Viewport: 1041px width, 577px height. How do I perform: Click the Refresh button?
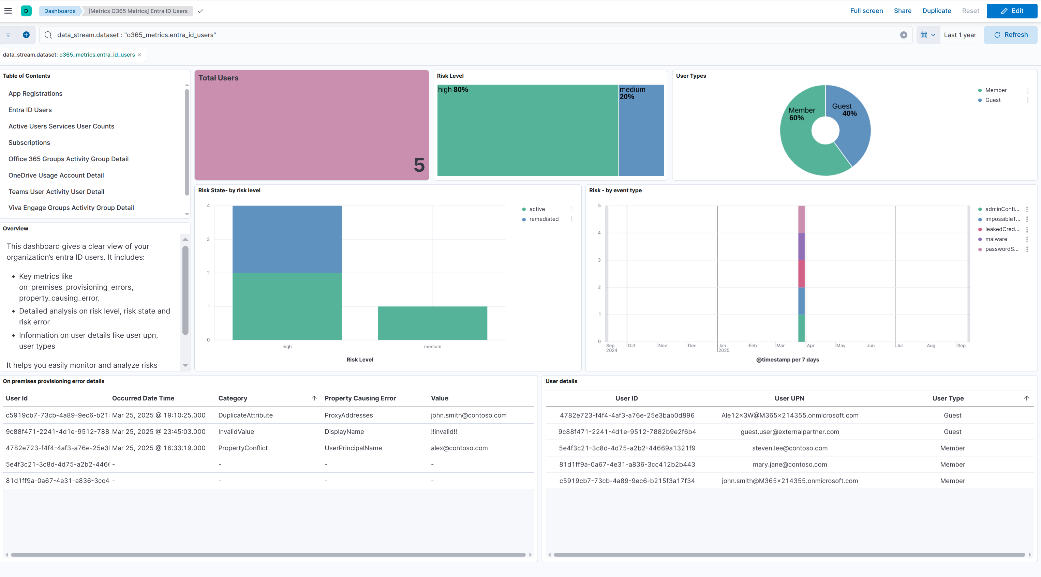[1010, 35]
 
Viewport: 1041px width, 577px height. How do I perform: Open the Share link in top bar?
[902, 11]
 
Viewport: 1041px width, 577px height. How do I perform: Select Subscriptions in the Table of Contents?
[29, 143]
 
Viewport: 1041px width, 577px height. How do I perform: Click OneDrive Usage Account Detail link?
[56, 176]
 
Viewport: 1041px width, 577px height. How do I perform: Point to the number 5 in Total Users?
[419, 165]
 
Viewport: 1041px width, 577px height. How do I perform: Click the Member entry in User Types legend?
[995, 90]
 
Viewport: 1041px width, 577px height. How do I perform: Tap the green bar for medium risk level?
[432, 323]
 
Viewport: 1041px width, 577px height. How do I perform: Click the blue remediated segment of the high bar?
[287, 239]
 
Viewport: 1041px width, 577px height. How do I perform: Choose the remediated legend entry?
[544, 219]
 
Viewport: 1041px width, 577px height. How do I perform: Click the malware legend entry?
[996, 239]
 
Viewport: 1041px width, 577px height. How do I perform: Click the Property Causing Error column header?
[360, 398]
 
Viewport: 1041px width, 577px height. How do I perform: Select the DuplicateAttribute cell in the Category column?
[245, 415]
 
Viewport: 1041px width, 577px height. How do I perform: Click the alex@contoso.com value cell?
[459, 448]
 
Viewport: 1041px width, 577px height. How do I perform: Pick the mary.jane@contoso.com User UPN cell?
[790, 465]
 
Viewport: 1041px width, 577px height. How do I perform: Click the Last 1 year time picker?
[960, 35]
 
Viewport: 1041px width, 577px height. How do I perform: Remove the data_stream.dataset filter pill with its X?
[139, 55]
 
